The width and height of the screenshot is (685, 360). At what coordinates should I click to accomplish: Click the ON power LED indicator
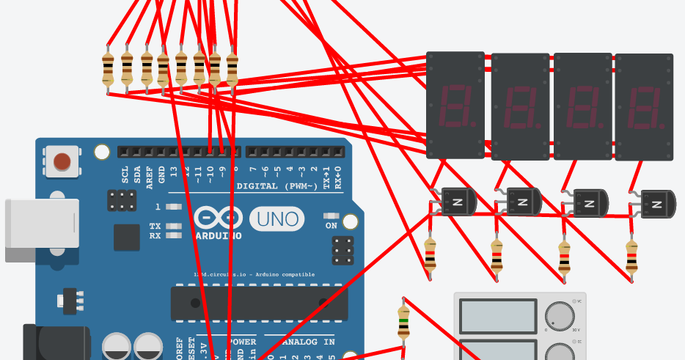coord(331,217)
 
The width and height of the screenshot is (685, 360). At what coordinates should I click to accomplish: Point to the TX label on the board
coord(155,227)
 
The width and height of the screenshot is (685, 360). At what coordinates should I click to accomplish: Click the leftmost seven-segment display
coord(455,105)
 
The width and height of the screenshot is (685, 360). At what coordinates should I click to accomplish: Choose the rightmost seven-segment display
coord(643,107)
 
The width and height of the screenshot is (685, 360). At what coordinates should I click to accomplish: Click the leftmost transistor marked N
coord(457,200)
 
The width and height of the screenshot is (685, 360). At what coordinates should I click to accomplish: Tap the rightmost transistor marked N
coord(659,204)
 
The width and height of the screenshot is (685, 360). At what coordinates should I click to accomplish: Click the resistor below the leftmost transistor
coord(430,256)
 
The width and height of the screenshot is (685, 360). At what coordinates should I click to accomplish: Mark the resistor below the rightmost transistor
coord(631,257)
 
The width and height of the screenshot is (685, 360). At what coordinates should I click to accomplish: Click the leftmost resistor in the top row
coord(109,71)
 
